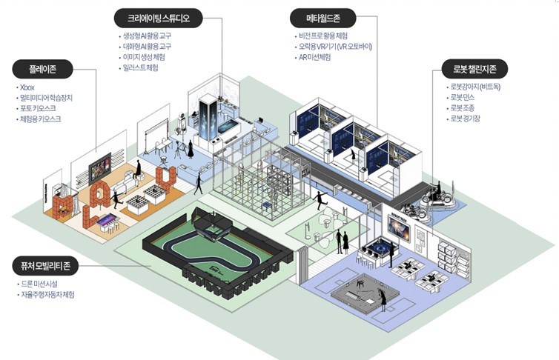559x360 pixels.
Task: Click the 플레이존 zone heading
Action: click(x=42, y=69)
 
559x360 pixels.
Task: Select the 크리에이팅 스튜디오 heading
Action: click(x=159, y=19)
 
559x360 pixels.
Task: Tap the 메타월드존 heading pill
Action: click(x=323, y=19)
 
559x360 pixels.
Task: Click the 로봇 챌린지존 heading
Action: click(x=474, y=69)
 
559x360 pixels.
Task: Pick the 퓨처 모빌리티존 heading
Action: click(x=45, y=266)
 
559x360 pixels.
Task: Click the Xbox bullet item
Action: click(x=27, y=87)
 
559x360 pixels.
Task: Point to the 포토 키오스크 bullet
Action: click(x=38, y=108)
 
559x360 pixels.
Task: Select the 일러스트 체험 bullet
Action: click(x=140, y=67)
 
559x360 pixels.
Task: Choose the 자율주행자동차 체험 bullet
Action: click(x=47, y=295)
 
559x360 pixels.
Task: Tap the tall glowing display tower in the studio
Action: click(x=208, y=120)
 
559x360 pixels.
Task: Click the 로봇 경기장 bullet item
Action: click(x=465, y=119)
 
